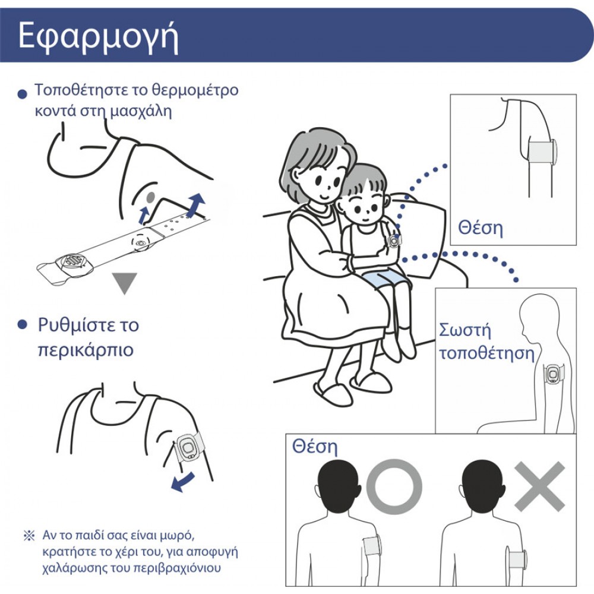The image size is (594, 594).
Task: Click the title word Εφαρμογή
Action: pos(98,37)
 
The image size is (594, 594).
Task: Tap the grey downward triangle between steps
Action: pos(124,283)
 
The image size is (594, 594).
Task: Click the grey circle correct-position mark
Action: pos(394,486)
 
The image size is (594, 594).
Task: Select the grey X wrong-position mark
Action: pos(539,486)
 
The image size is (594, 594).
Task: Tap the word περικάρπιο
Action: pos(86,350)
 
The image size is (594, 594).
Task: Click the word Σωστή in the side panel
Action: pos(465,330)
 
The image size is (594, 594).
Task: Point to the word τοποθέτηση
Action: pos(486,353)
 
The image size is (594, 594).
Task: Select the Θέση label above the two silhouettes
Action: pos(314,447)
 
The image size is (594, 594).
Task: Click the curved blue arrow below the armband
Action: pos(183,482)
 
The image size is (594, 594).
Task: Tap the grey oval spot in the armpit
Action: pos(151,197)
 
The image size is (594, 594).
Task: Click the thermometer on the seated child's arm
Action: pos(394,240)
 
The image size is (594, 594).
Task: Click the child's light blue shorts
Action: pos(386,279)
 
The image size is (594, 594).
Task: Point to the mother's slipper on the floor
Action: pos(333,394)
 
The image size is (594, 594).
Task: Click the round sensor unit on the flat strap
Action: pos(74,262)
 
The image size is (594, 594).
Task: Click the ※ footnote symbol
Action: pos(29,535)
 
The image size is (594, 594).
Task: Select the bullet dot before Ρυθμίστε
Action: pos(23,325)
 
